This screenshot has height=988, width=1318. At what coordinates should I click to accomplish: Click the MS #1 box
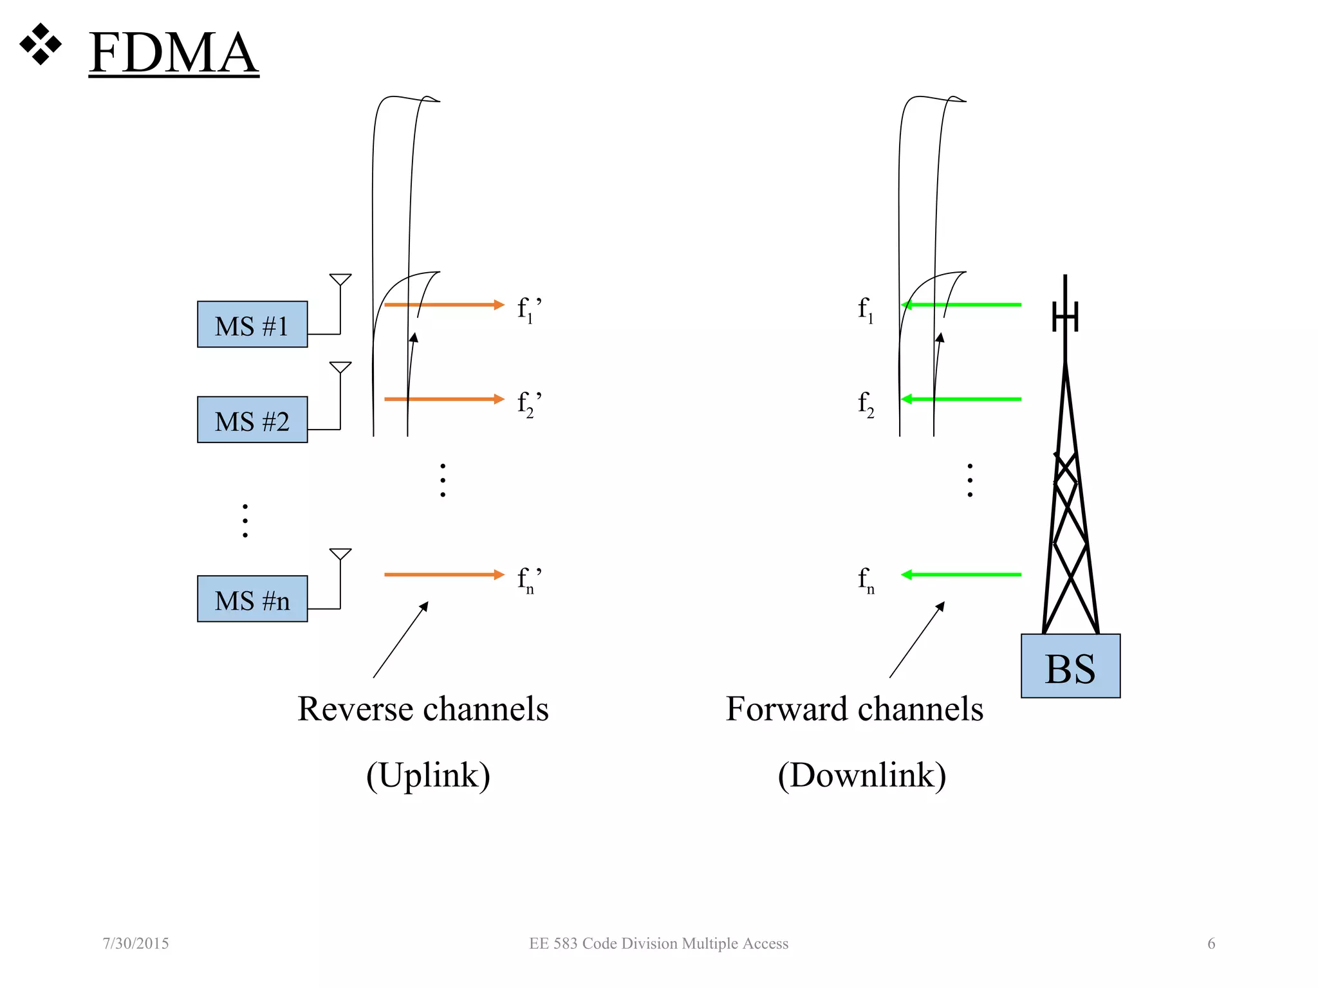point(252,325)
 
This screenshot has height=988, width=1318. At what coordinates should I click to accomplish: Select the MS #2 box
point(252,420)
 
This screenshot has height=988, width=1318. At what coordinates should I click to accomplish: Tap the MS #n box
point(252,599)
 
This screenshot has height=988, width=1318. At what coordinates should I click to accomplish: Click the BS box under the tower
point(1070,666)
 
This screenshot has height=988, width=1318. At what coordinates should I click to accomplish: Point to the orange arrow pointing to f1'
point(444,305)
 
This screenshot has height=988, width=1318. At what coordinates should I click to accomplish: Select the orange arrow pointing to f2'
point(444,399)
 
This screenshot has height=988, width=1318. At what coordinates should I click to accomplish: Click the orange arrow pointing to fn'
point(444,575)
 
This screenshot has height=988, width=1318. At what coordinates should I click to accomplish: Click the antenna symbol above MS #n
point(340,555)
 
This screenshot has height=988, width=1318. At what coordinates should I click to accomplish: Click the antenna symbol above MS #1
point(340,280)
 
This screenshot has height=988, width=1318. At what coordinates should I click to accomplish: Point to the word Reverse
point(355,709)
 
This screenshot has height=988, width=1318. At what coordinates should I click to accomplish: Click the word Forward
point(786,709)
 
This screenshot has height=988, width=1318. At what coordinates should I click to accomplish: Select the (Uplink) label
point(428,775)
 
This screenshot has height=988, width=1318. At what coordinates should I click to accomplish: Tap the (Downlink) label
point(862,775)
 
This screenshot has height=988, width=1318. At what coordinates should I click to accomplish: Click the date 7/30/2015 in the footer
point(136,944)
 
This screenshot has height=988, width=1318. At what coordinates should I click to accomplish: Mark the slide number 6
point(1211,944)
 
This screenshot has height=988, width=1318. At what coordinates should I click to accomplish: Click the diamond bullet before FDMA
point(41,44)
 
